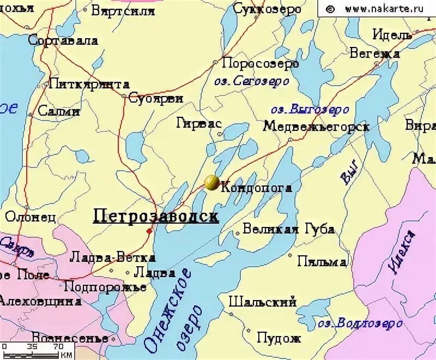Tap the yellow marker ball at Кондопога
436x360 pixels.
[212, 183]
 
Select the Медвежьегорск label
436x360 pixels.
[316, 127]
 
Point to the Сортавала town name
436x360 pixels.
[63, 40]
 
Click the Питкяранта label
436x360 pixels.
[89, 84]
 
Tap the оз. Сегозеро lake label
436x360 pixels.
[251, 81]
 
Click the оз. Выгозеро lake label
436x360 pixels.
[310, 109]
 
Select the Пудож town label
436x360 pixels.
[279, 338]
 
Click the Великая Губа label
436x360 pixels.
[288, 229]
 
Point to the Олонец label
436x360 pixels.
[31, 217]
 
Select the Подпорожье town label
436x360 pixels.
[105, 286]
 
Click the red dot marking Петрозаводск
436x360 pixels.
[149, 231]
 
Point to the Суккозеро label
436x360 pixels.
[267, 9]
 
